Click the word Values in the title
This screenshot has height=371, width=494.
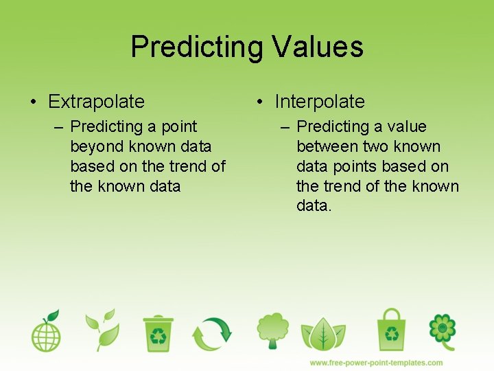click(317, 47)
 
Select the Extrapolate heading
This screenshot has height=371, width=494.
click(96, 102)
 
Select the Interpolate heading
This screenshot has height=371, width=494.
click(320, 102)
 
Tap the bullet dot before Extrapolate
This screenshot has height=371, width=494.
click(34, 102)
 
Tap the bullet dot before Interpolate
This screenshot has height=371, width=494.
click(260, 102)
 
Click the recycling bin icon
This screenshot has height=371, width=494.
click(158, 333)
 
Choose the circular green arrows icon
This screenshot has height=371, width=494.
click(212, 333)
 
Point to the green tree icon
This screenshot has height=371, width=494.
click(272, 331)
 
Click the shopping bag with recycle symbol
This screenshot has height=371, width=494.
click(392, 330)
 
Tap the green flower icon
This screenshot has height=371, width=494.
click(443, 330)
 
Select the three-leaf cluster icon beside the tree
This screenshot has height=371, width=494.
click(322, 334)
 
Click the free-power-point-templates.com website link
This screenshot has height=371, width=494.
click(376, 363)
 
